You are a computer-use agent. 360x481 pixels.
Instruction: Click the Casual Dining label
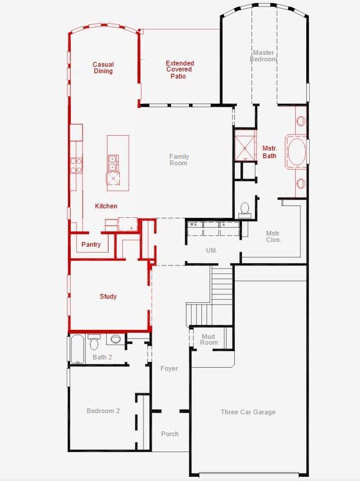pos(103,68)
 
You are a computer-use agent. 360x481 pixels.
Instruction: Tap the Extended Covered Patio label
pos(179,70)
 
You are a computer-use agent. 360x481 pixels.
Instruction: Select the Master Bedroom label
pos(263,56)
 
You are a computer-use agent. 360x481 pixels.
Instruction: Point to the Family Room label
pos(179,160)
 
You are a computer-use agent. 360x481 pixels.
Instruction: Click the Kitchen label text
pos(106,206)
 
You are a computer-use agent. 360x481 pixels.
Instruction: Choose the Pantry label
pos(91,244)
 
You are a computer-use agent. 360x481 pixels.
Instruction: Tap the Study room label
pos(108,296)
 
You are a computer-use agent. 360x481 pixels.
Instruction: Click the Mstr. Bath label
pos(269,152)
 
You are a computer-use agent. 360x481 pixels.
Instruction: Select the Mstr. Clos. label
pos(273,236)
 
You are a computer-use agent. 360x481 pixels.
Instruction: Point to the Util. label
pos(211,250)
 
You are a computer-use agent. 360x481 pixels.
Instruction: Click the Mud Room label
pos(209,339)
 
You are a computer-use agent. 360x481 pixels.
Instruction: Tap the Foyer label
pos(169,368)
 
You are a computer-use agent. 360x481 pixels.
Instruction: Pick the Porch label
pos(170,434)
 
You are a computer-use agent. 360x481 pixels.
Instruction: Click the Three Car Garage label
pos(248,412)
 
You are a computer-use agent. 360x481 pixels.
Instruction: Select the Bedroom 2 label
pos(103,411)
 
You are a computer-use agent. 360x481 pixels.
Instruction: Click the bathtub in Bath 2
pos(77,349)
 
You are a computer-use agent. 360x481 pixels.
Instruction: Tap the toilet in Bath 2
pos(94,342)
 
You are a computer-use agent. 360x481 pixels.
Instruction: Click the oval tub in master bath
pos(296,152)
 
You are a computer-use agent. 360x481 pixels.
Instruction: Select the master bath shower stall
pos(244,145)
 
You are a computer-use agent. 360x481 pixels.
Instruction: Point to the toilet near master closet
pos(245,210)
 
